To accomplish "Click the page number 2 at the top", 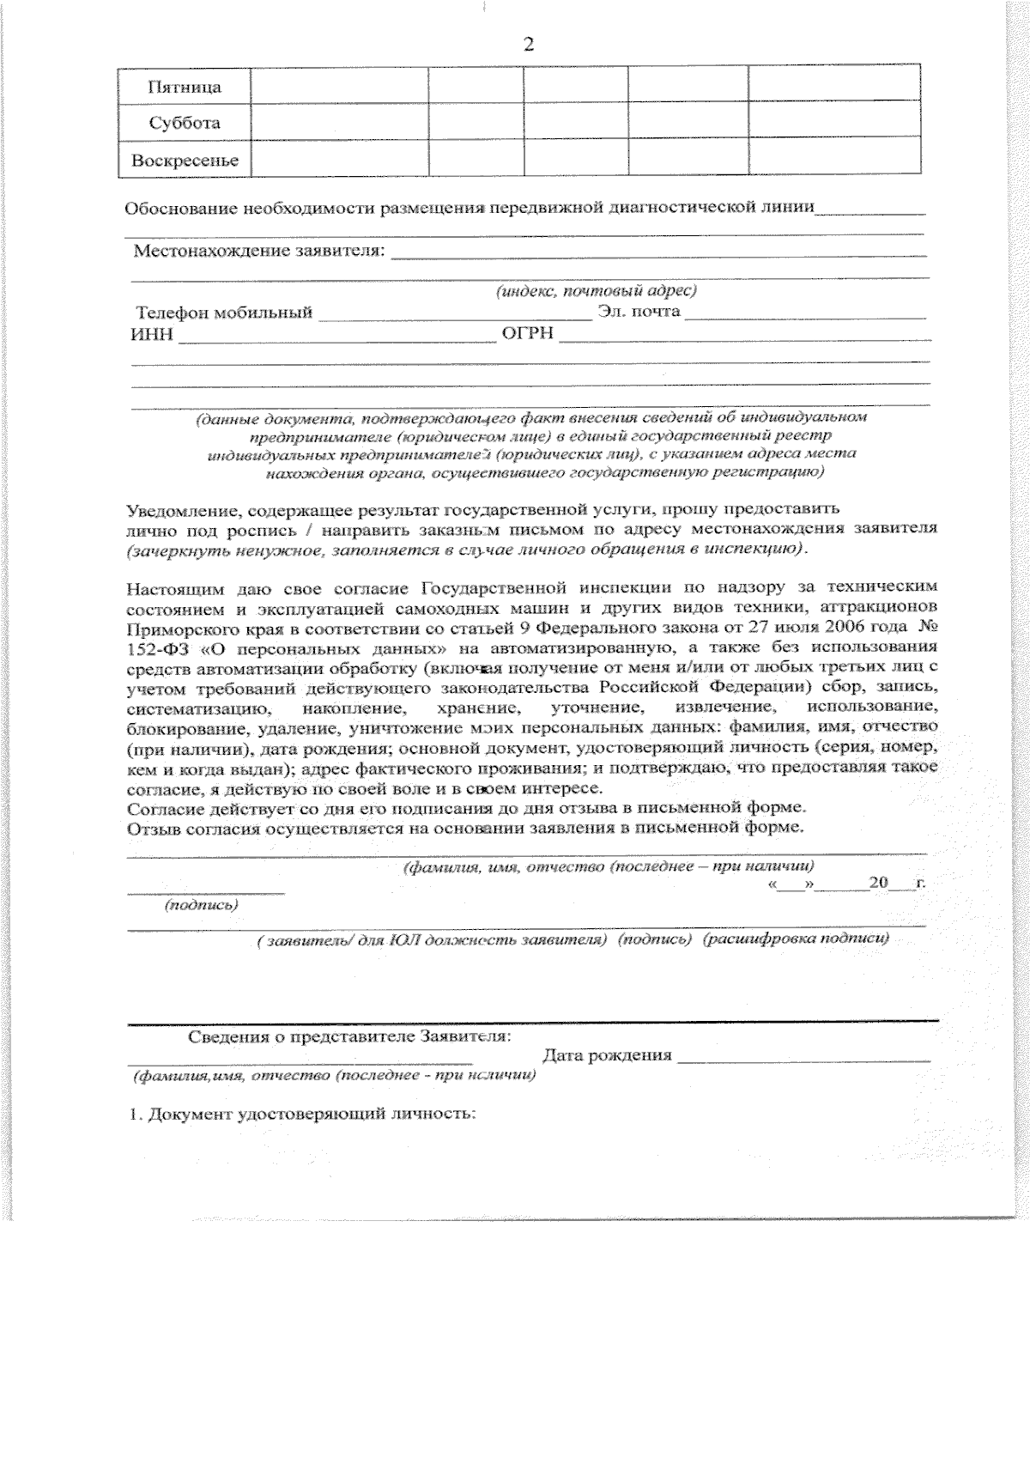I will click(x=528, y=45).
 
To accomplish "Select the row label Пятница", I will click(x=185, y=88).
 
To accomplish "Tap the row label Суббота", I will click(x=185, y=123).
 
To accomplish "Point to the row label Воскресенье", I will click(x=185, y=161).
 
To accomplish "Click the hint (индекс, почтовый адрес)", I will click(x=596, y=291).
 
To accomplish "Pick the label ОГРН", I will click(x=528, y=333).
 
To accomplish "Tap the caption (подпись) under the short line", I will click(x=201, y=905).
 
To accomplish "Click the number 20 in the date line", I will click(x=878, y=883).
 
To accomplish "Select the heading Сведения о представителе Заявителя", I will click(x=349, y=1036).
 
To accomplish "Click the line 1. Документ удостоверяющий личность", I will click(x=302, y=1115).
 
